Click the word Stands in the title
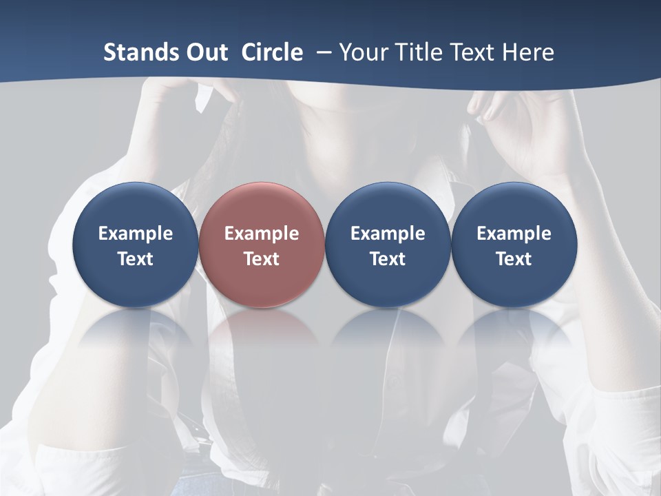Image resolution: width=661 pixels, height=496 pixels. (x=140, y=52)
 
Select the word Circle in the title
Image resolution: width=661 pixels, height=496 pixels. (x=272, y=52)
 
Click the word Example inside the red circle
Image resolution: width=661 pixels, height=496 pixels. (x=262, y=234)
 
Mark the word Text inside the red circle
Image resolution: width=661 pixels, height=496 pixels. (x=262, y=259)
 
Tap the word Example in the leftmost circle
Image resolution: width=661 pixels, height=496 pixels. (x=135, y=234)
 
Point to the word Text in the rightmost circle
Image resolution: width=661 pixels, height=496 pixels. (x=514, y=259)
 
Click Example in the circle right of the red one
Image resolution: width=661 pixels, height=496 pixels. (x=388, y=234)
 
